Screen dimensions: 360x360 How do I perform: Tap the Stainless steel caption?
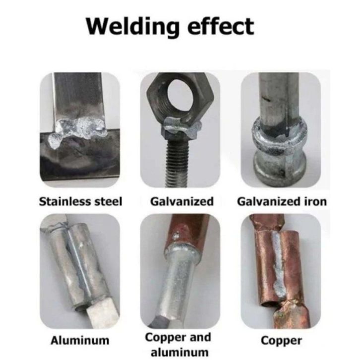[80, 202]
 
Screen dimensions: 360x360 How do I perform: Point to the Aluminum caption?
[80, 340]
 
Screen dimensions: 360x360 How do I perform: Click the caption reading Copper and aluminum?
[179, 345]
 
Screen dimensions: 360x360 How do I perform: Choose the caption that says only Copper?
[281, 341]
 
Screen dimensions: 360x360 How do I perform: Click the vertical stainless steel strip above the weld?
[78, 96]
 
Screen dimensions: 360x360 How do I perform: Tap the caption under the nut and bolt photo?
[182, 202]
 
